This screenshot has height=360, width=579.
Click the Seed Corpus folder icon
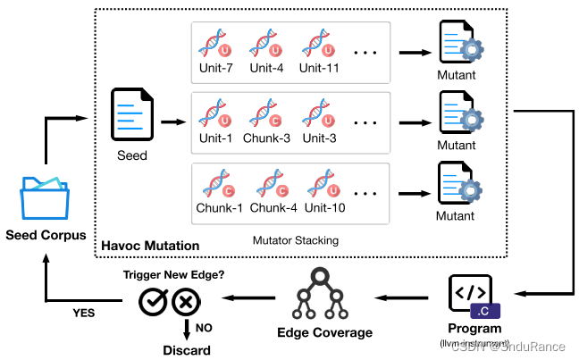coord(45,197)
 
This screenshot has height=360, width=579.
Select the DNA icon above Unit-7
coord(215,44)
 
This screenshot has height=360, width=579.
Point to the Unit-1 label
coord(215,138)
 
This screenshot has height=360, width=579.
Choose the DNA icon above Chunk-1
coord(215,184)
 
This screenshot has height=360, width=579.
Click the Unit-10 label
coord(322,208)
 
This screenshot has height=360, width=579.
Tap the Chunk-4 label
coord(269,208)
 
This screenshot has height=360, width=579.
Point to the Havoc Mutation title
coord(150,246)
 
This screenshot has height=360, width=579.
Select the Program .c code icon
coord(470,298)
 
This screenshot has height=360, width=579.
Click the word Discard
coord(187,350)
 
